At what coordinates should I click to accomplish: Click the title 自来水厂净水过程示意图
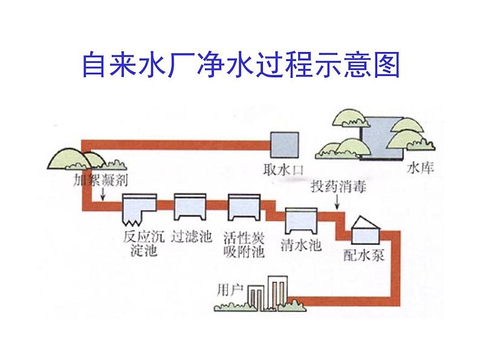pos(241,65)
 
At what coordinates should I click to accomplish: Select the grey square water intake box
pos(284,145)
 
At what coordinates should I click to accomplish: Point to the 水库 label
pos(420,168)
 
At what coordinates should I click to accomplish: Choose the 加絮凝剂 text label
pos(100,180)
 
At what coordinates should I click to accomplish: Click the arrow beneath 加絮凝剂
pos(103,194)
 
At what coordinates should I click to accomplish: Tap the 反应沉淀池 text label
pos(143,244)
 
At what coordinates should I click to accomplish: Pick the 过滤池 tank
pos(190,207)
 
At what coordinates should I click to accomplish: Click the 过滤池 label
pos(191,237)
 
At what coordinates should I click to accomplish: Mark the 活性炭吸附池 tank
pos(244,207)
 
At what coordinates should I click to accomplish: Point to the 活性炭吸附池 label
pos(244,245)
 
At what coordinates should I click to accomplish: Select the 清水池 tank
pos(301,221)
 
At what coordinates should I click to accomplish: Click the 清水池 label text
pos(300,245)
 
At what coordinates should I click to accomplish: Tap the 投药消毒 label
pos(339,187)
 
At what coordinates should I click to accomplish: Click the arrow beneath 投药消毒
pos(337,202)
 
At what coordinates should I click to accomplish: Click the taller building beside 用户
pos(277,293)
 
